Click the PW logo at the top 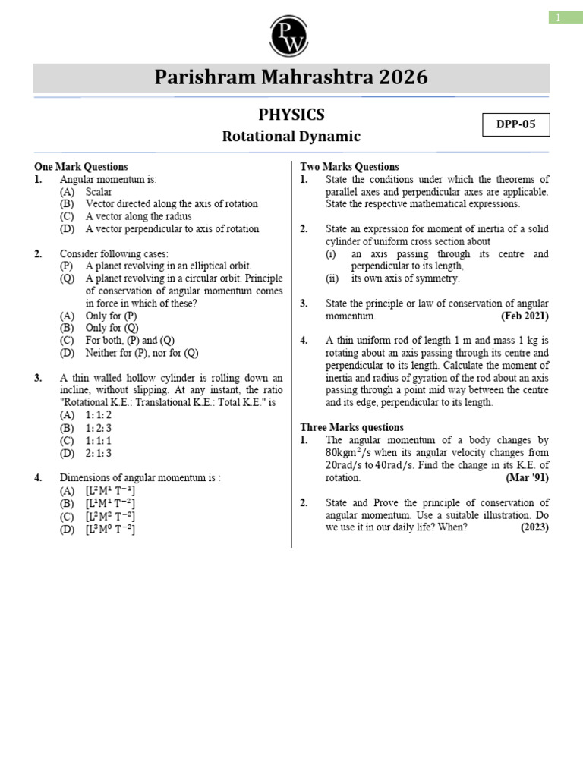click(291, 34)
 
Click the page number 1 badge click(559, 17)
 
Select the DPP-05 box click(516, 124)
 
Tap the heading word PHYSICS click(291, 115)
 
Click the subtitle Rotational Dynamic click(291, 137)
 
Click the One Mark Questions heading click(81, 167)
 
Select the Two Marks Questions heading click(349, 167)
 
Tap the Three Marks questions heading click(352, 427)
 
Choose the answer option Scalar click(99, 192)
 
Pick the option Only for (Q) click(111, 328)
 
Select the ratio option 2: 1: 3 click(99, 452)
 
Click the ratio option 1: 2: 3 click(99, 427)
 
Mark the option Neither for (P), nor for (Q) click(142, 353)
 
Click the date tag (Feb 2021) click(525, 316)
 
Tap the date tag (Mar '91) click(527, 477)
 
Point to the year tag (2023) click(534, 527)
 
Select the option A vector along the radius click(139, 216)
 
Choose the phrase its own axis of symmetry click(405, 278)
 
